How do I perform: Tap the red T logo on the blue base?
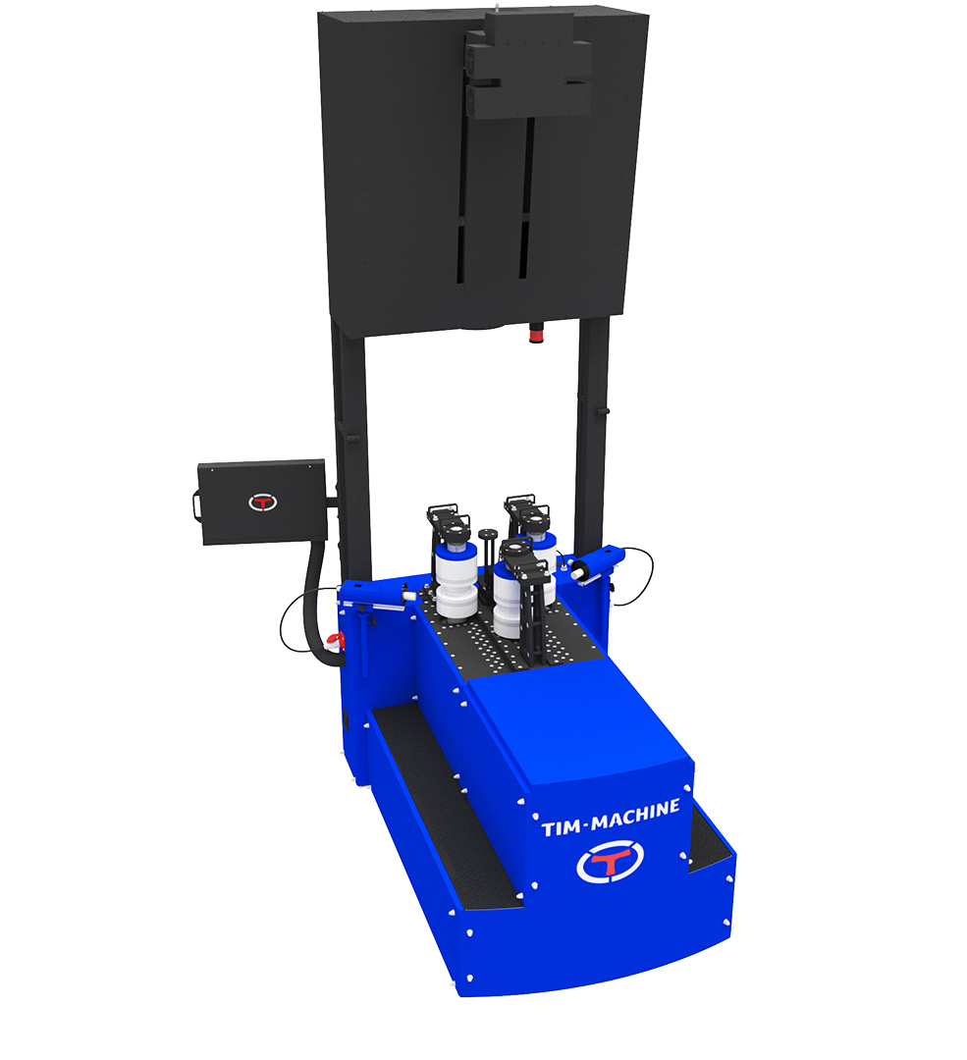(x=610, y=863)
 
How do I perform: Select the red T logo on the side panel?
(x=262, y=503)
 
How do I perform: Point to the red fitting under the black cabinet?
(x=536, y=333)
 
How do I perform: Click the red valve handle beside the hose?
(x=335, y=639)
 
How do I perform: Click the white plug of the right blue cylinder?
(x=578, y=572)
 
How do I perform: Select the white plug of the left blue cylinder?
(x=408, y=597)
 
